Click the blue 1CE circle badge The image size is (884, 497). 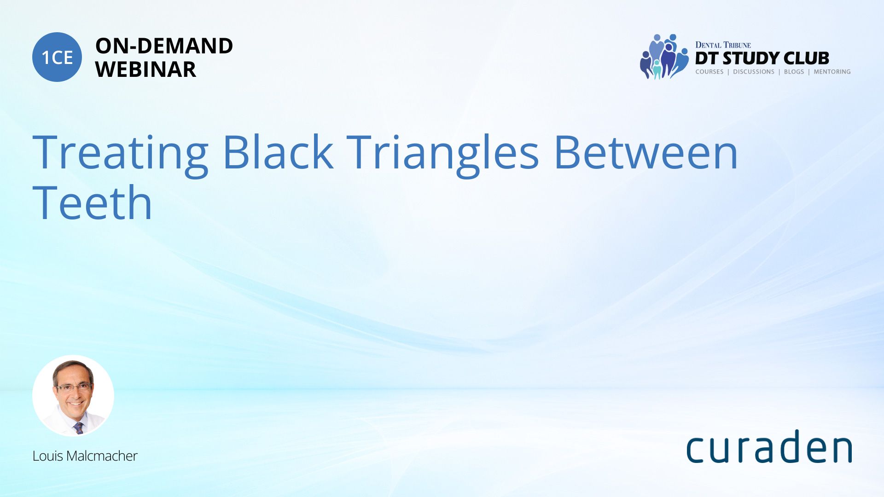(57, 57)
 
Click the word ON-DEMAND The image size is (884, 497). (164, 46)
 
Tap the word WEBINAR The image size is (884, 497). (145, 69)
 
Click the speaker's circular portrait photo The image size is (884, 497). (73, 396)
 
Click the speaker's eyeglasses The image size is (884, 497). (74, 387)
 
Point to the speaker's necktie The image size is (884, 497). (79, 428)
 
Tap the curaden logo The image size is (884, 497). (769, 446)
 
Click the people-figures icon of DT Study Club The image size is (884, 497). (664, 57)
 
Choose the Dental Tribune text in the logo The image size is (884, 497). (723, 45)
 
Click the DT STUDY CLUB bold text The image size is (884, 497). (762, 58)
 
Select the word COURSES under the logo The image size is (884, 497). (710, 72)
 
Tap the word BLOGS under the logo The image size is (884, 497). (794, 72)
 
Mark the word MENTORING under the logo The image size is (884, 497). (832, 72)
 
